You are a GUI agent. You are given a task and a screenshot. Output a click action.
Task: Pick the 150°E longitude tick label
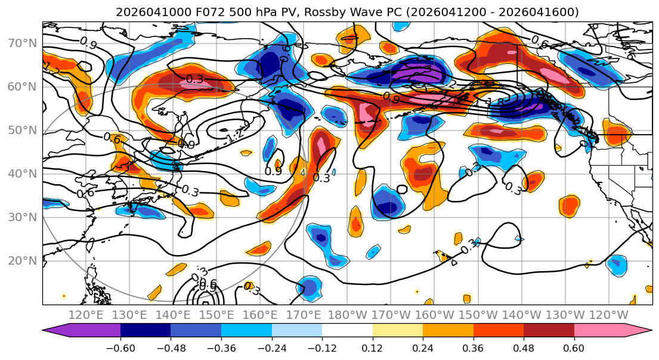216,314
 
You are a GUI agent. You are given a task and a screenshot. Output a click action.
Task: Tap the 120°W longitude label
609,314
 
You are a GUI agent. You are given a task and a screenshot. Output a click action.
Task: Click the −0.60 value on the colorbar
120,347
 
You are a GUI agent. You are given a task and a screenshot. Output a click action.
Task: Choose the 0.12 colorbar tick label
373,347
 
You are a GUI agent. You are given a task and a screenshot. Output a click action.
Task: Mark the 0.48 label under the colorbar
524,347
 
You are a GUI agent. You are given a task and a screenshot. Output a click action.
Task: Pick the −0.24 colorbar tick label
272,347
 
